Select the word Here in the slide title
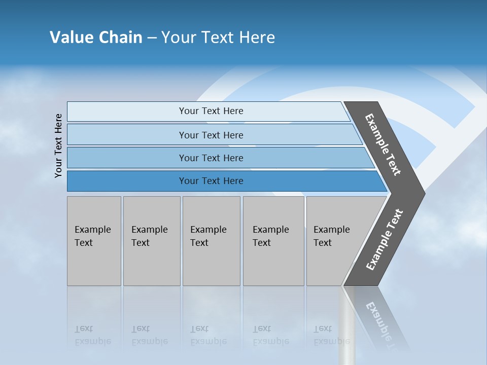tap(257, 38)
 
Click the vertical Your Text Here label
tap(59, 145)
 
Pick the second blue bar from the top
tap(211, 135)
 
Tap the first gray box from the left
tap(94, 241)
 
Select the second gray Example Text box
tap(151, 241)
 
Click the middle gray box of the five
tap(211, 241)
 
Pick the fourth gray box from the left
tap(273, 241)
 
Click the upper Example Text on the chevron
tap(383, 145)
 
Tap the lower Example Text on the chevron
tap(385, 239)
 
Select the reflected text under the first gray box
tap(92, 335)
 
